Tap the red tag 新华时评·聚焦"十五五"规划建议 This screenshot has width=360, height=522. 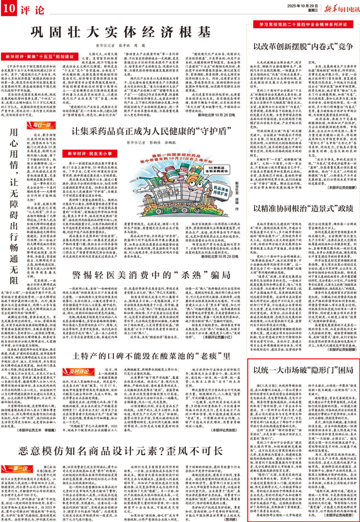(x=40, y=57)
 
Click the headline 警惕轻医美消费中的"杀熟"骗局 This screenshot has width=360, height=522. (x=151, y=275)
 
